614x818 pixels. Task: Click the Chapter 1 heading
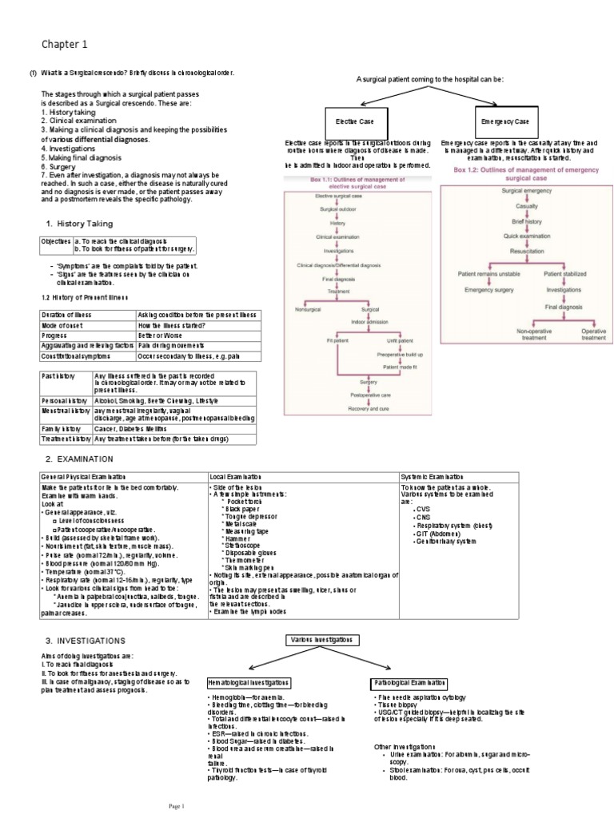tap(65, 44)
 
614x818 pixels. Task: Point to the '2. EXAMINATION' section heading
tap(79, 459)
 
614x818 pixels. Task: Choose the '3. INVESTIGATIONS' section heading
tap(84, 641)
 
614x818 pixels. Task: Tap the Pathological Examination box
tap(410, 683)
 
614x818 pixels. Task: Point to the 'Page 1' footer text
tap(175, 805)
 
